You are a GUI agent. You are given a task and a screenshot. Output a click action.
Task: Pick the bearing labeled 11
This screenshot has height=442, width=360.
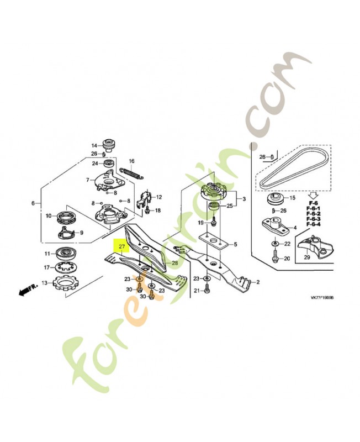(67, 254)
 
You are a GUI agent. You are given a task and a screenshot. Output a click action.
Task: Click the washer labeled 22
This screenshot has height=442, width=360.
(275, 244)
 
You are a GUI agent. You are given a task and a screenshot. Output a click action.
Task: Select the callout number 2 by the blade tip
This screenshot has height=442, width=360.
(257, 282)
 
